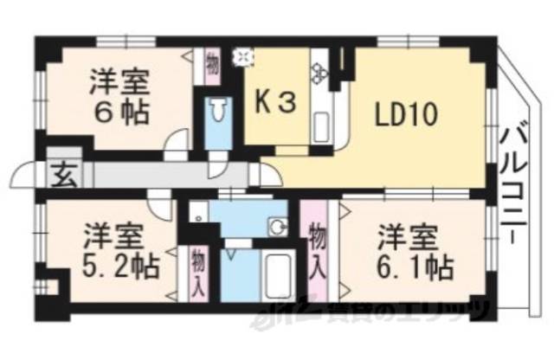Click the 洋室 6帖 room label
pyautogui.click(x=119, y=98)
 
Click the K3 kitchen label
pyautogui.click(x=275, y=102)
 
